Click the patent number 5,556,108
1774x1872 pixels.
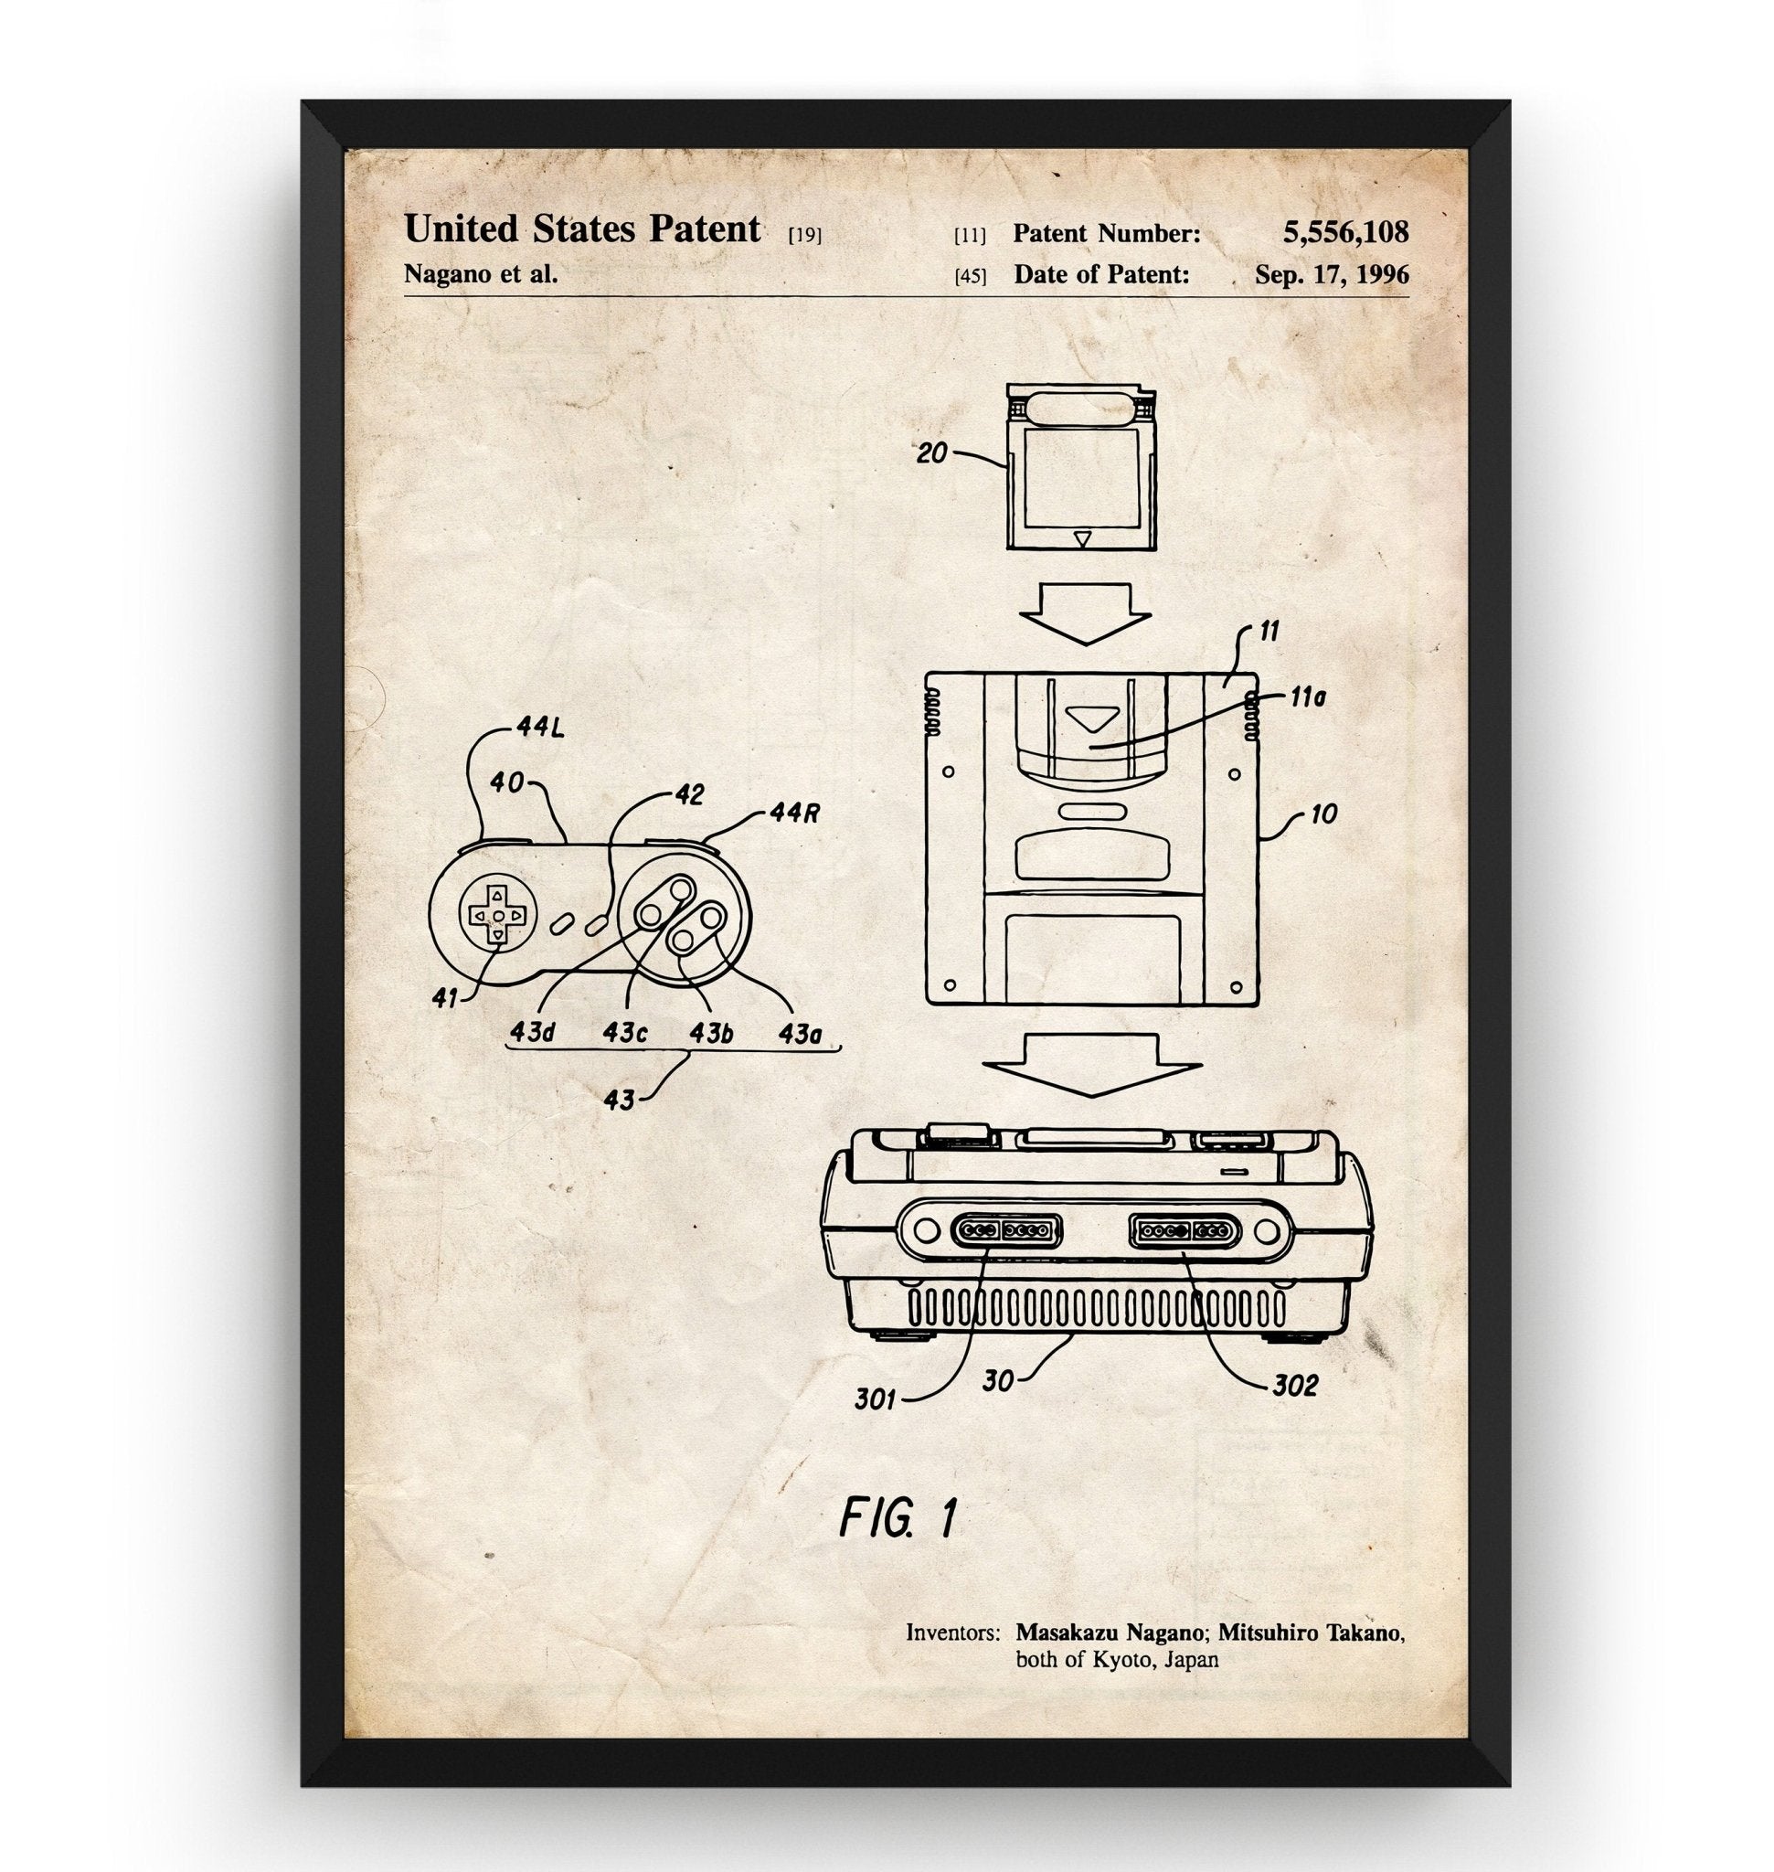tap(1344, 232)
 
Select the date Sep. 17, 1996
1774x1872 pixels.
tap(1331, 274)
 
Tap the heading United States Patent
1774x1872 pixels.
tap(581, 229)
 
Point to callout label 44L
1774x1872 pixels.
tap(540, 729)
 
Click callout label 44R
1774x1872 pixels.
tap(792, 813)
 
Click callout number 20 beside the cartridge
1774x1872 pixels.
tap(931, 453)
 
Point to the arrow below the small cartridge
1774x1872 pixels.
tap(1085, 612)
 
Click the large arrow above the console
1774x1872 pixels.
tap(1092, 1064)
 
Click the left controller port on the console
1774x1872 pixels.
tap(1004, 1230)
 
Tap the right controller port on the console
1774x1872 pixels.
tap(1182, 1230)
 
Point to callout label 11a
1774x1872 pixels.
tap(1308, 698)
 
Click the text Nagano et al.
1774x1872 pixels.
tap(481, 274)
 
